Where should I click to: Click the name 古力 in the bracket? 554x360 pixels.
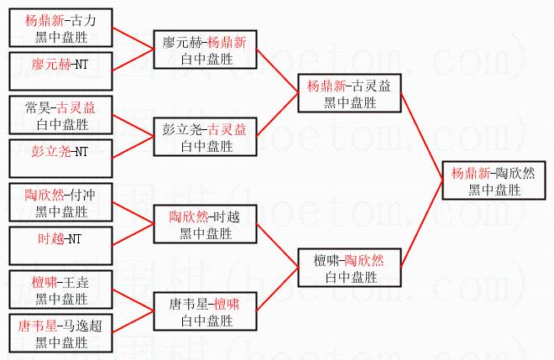coord(83,20)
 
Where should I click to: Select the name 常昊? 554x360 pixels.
coord(38,107)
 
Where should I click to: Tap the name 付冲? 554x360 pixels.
coord(82,195)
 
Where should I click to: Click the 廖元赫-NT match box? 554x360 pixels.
coord(60,71)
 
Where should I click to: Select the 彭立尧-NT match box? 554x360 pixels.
coord(60,159)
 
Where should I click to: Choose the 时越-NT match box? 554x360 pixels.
coord(60,246)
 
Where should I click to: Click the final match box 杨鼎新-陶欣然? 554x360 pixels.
coord(494,180)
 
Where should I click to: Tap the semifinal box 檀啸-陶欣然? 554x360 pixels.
coord(349,268)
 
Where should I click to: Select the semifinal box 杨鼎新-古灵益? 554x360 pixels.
coord(349,93)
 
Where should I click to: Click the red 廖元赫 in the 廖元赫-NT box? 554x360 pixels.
coord(51,65)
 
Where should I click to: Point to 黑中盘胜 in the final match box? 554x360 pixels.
coord(494,190)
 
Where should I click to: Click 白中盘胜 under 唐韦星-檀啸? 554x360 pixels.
coord(206,321)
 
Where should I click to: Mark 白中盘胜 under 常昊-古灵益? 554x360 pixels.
coord(62,124)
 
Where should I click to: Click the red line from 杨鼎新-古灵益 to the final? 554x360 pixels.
coord(422,137)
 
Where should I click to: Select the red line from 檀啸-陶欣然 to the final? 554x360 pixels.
coord(422,224)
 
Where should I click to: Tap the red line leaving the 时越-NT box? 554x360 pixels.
coord(133,235)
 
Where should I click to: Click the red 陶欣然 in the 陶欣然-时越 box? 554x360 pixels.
coord(188,217)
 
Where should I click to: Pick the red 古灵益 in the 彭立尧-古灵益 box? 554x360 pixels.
coord(227,130)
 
